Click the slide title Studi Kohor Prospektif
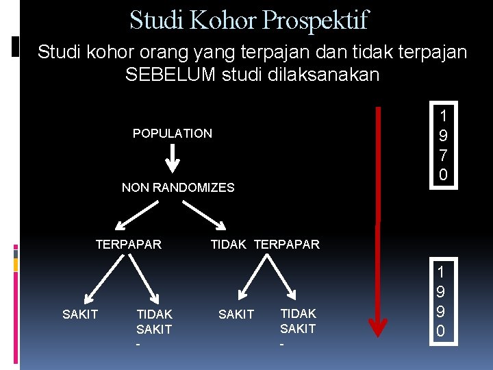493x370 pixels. (249, 20)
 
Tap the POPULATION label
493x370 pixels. (173, 134)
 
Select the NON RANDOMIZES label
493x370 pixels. (178, 188)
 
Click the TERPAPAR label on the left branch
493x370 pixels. (129, 245)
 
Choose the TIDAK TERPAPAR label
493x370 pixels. (265, 245)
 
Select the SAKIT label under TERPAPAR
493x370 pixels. (80, 314)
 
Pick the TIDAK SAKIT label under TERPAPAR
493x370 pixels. (154, 321)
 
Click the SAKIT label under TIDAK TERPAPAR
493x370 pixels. (236, 314)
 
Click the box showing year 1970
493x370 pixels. (443, 145)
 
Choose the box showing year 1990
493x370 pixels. (442, 301)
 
